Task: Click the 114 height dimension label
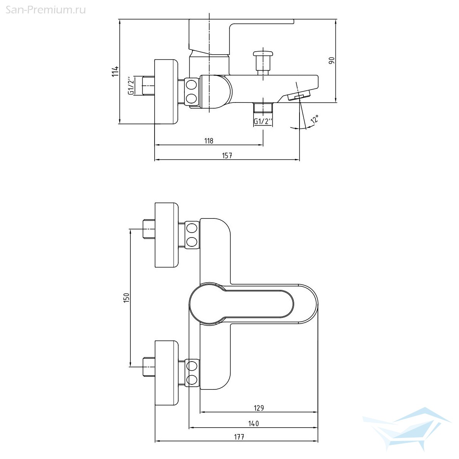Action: tap(115, 71)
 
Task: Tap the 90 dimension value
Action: tap(332, 60)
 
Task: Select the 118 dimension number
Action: tap(209, 141)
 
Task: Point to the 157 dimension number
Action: tap(227, 156)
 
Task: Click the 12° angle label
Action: tap(315, 119)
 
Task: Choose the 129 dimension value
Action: tap(259, 408)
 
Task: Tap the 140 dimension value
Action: tap(254, 423)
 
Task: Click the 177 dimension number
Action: tap(239, 437)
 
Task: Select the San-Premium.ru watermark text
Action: tap(46, 10)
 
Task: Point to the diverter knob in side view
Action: tap(262, 63)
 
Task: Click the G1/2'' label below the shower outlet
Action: tap(263, 121)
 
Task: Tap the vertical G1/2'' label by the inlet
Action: tap(131, 86)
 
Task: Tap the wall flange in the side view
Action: tap(166, 92)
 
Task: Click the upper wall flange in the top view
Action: tap(166, 235)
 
